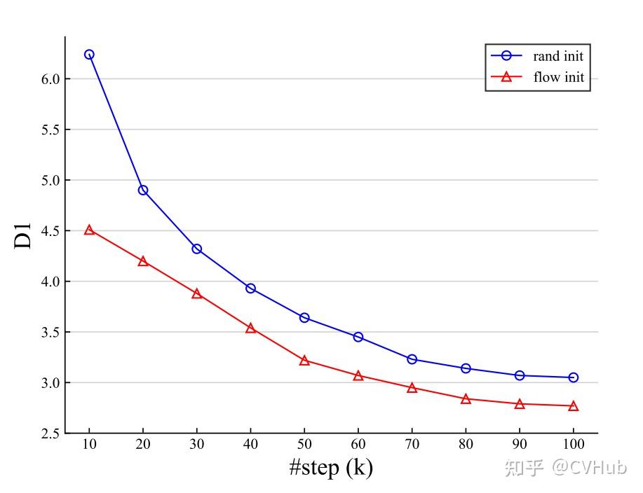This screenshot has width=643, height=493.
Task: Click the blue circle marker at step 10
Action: (x=89, y=55)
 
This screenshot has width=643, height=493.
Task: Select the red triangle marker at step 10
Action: (x=89, y=230)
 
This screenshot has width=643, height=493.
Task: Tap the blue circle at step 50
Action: (x=304, y=318)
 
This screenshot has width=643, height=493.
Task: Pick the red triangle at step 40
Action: (x=250, y=328)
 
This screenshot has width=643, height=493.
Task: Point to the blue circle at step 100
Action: (x=574, y=377)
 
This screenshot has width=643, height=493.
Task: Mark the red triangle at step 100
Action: (x=574, y=406)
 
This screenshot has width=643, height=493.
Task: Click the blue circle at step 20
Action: (x=143, y=190)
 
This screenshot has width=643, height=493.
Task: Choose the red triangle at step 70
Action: (x=412, y=387)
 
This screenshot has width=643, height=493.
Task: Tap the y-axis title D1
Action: (x=24, y=235)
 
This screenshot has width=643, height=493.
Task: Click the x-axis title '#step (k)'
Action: (x=331, y=467)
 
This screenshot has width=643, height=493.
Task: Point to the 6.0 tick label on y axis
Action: (x=52, y=79)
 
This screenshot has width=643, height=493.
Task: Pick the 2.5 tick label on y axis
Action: (x=52, y=433)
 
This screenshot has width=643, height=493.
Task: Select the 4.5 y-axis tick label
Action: (x=52, y=231)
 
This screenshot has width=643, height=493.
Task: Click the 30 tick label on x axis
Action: (x=196, y=445)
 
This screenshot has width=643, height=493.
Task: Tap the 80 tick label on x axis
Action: (x=466, y=445)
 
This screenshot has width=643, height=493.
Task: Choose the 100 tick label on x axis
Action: (x=574, y=445)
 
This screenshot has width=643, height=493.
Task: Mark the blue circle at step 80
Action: (x=466, y=368)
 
